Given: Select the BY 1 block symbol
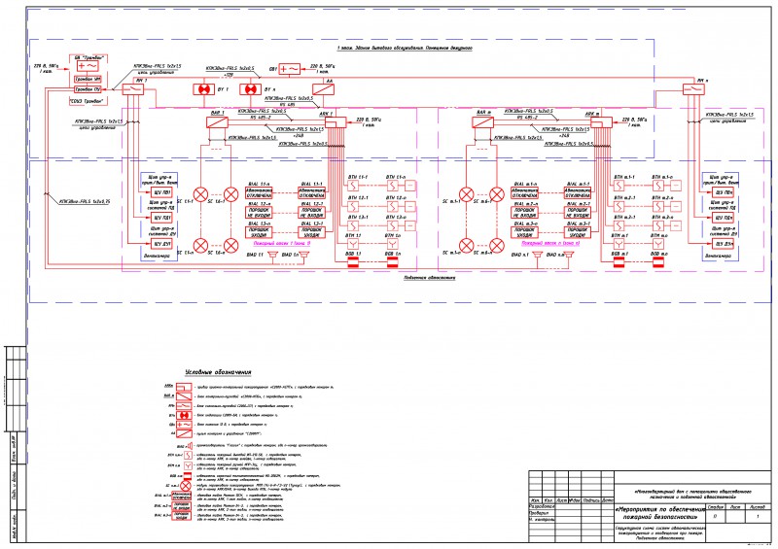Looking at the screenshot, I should pyautogui.click(x=204, y=90).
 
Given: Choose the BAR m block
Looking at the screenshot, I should pyautogui.click(x=483, y=122).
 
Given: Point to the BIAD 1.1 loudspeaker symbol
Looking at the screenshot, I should pyautogui.click(x=274, y=256).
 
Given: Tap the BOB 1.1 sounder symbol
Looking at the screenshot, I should pyautogui.click(x=351, y=262).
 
